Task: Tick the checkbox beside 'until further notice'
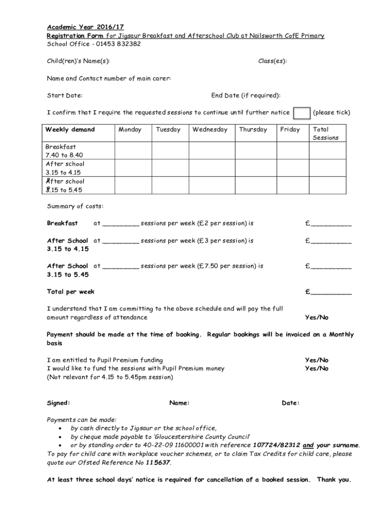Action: [302, 113]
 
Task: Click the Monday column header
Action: [130, 130]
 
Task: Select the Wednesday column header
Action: [210, 130]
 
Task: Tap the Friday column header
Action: [290, 130]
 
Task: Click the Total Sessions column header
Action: [326, 134]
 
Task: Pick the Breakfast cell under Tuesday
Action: [170, 151]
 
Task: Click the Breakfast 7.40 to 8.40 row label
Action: [61, 151]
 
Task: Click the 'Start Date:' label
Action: [64, 95]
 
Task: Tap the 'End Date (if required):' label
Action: [245, 95]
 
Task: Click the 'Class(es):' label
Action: [273, 61]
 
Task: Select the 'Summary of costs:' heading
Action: [75, 206]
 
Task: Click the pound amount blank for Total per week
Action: [331, 292]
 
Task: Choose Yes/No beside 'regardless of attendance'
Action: [316, 317]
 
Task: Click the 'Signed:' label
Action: [58, 403]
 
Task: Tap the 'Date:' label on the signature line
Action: [291, 403]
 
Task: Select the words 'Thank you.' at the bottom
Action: [333, 480]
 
